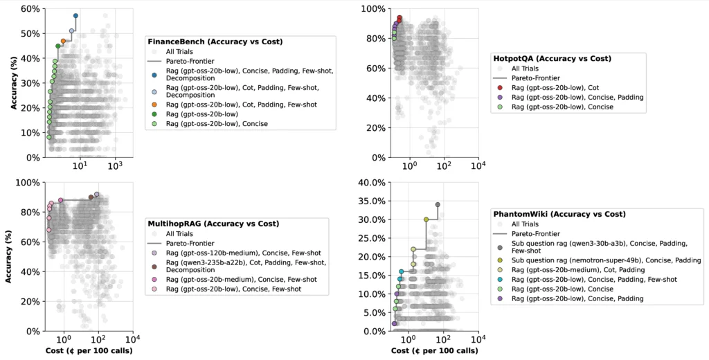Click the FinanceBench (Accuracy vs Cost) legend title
tap(215, 42)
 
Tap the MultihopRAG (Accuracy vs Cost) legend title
tap(213, 224)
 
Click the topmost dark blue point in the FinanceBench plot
tap(75, 15)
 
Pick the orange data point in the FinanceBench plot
tap(63, 41)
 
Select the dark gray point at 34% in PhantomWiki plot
tap(438, 205)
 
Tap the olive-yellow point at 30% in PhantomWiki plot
tap(427, 219)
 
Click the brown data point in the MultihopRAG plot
tap(91, 197)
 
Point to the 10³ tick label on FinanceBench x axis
tap(115, 165)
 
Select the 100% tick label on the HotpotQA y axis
tap(375, 9)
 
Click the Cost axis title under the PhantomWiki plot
tap(434, 350)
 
